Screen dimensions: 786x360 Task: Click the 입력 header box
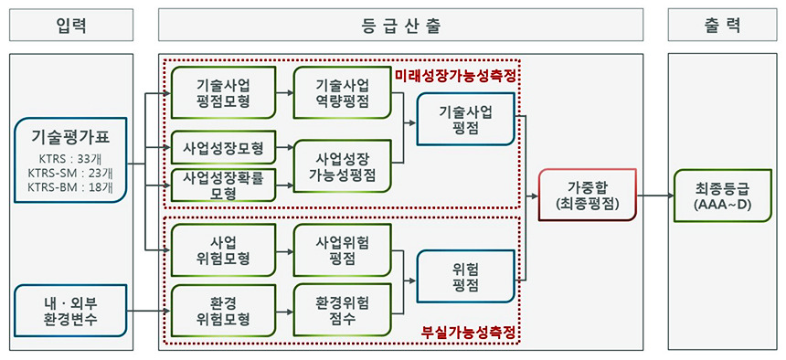[x=71, y=25]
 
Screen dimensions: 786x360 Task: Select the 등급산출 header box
[x=400, y=25]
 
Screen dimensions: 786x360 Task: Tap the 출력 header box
[x=722, y=25]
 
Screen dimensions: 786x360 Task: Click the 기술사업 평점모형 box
[x=224, y=93]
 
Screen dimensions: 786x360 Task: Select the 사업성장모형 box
[x=224, y=147]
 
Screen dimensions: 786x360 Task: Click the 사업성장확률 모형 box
[x=224, y=185]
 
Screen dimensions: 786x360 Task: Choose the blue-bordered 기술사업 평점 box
[x=465, y=119]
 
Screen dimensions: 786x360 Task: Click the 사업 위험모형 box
[x=224, y=249]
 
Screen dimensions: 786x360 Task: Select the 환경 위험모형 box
[x=224, y=311]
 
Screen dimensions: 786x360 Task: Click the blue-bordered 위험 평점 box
[x=465, y=276]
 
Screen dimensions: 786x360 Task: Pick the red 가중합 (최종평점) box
[x=587, y=195]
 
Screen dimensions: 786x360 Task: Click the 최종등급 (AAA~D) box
[x=723, y=195]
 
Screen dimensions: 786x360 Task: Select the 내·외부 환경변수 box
[x=70, y=311]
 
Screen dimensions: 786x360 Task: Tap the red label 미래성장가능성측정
[x=455, y=76]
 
